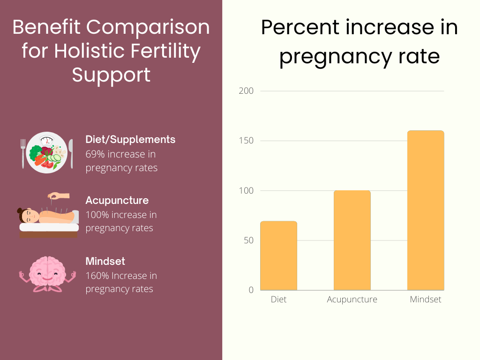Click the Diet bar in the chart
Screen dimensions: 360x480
pos(278,255)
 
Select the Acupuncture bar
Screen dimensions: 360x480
pos(352,240)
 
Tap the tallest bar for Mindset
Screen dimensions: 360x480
pos(425,210)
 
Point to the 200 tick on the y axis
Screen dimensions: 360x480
pos(246,91)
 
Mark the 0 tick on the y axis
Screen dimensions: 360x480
pos(251,290)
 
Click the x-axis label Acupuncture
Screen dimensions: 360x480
pos(352,300)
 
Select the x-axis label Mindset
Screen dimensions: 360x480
pos(425,300)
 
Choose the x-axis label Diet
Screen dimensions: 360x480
pos(278,300)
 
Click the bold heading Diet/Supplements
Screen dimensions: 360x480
pos(130,140)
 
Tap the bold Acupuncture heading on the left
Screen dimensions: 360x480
pos(117,201)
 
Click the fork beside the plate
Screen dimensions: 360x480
pos(23,153)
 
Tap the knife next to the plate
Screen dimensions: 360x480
pos(71,153)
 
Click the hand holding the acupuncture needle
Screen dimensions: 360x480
pos(60,196)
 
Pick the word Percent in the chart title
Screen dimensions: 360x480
pos(300,28)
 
